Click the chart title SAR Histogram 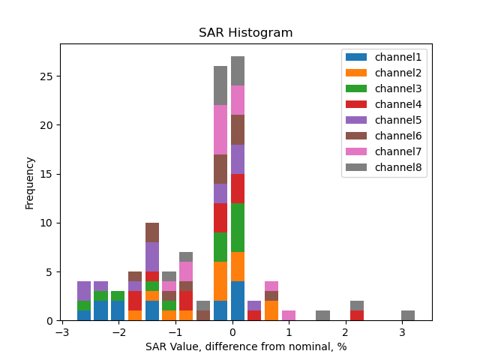click(245, 33)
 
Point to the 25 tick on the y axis click(46, 76)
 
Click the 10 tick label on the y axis click(46, 223)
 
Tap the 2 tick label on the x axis click(346, 332)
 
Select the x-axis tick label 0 click(232, 332)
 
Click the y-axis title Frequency click(30, 182)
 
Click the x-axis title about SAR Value click(246, 346)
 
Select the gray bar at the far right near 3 click(408, 316)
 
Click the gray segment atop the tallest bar click(238, 70)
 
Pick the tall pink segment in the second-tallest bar click(220, 130)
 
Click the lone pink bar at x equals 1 click(289, 316)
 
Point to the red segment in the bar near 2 click(357, 316)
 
